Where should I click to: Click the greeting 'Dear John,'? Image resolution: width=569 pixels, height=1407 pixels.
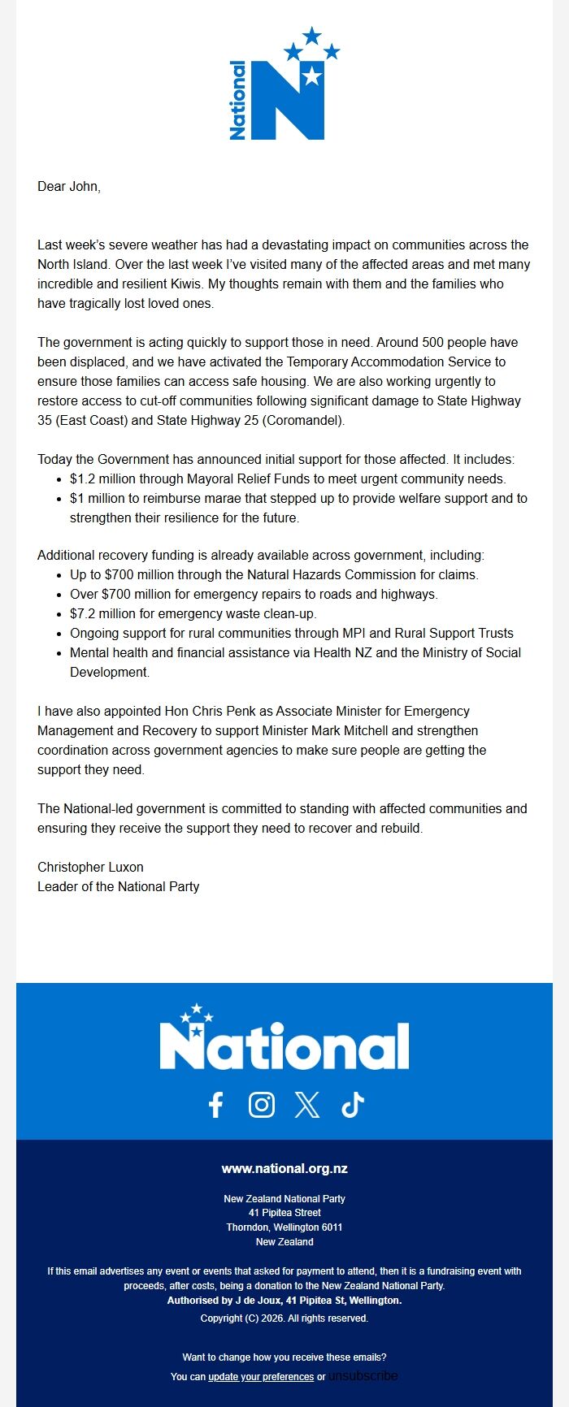coord(69,187)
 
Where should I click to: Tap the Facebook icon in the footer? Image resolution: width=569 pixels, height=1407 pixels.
coord(215,1105)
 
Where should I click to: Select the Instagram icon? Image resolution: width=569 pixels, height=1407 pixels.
coord(261,1105)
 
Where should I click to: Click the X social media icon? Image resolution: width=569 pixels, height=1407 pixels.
coord(306,1105)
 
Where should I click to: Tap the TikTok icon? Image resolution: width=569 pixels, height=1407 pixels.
coord(353,1105)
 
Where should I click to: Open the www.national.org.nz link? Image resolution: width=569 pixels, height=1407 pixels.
coord(284,1169)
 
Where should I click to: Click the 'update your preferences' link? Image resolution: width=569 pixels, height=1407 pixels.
coord(261,1377)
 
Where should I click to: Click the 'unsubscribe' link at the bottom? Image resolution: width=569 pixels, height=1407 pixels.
coord(363,1376)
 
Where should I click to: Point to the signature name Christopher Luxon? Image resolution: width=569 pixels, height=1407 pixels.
coord(90,868)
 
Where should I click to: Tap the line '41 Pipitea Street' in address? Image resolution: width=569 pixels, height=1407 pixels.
coord(284,1213)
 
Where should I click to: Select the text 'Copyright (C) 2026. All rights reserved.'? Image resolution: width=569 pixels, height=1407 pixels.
coord(284,1318)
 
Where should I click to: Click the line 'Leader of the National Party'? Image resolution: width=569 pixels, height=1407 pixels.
coord(118,887)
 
